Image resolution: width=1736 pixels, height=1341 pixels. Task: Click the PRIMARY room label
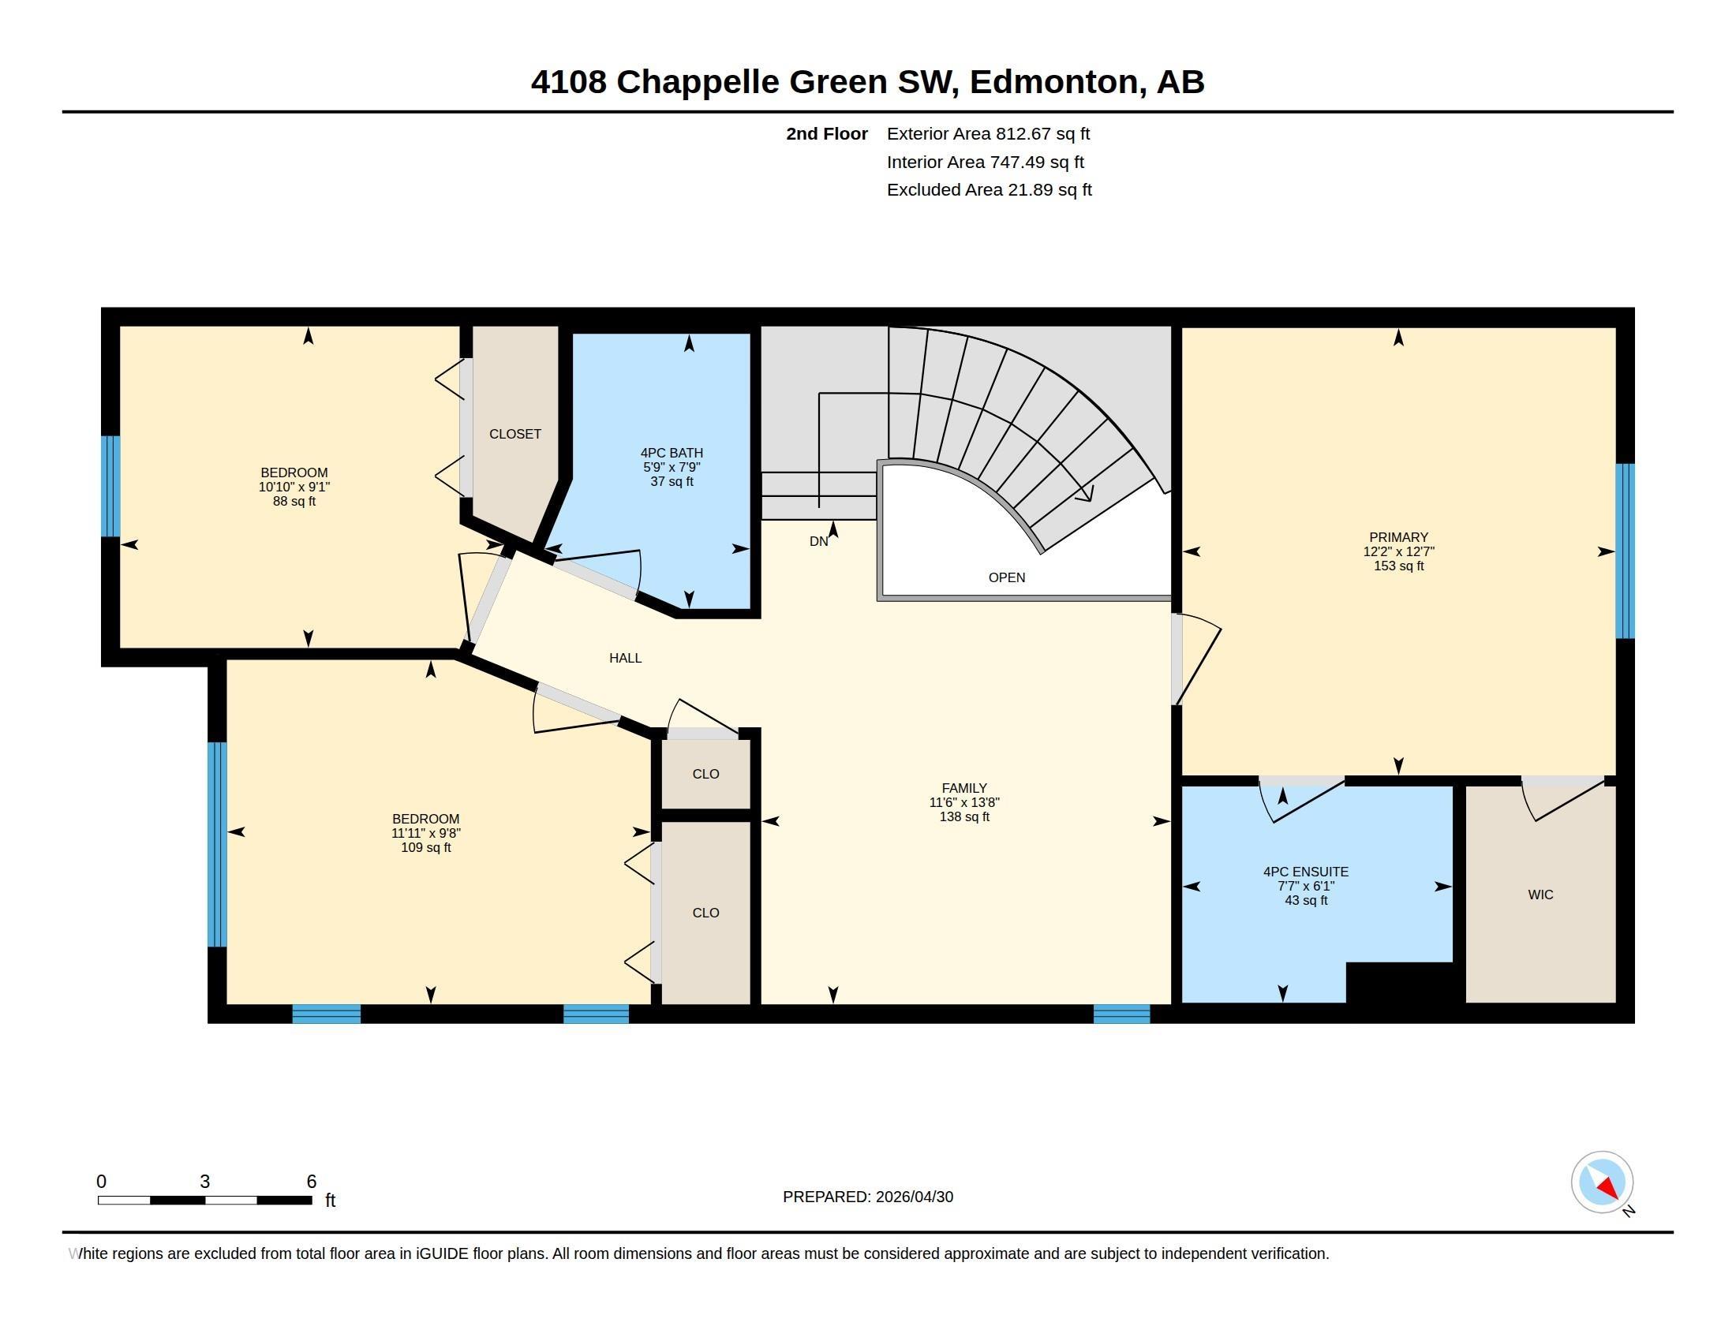pyautogui.click(x=1398, y=537)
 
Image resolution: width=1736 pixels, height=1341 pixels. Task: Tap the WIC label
pyautogui.click(x=1540, y=895)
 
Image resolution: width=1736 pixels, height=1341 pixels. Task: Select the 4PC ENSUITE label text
pyautogui.click(x=1306, y=872)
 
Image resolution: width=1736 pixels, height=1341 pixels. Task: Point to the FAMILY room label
pyautogui.click(x=964, y=788)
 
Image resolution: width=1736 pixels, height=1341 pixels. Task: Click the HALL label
pyautogui.click(x=626, y=658)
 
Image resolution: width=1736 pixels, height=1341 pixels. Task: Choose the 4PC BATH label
pyautogui.click(x=672, y=453)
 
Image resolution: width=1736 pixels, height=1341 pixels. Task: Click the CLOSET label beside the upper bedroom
pyautogui.click(x=515, y=434)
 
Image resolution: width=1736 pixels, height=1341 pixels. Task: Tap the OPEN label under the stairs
pyautogui.click(x=1006, y=577)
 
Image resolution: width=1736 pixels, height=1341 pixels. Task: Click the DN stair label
pyautogui.click(x=819, y=542)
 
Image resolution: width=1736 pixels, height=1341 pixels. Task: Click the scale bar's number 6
pyautogui.click(x=312, y=1182)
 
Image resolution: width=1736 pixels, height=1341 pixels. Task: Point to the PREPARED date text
pyautogui.click(x=868, y=1197)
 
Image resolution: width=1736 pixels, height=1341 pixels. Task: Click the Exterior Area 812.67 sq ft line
pyautogui.click(x=988, y=133)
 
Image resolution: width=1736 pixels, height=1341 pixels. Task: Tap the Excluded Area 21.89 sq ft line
pyautogui.click(x=989, y=189)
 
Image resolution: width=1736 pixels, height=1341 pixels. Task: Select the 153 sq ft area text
pyautogui.click(x=1398, y=566)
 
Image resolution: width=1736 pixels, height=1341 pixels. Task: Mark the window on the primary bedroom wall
pyautogui.click(x=1625, y=551)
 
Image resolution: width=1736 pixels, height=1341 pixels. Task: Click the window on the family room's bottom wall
pyautogui.click(x=1121, y=1014)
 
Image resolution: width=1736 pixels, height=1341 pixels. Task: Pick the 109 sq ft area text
pyautogui.click(x=426, y=848)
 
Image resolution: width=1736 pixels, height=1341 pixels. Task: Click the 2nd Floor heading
pyautogui.click(x=827, y=133)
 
